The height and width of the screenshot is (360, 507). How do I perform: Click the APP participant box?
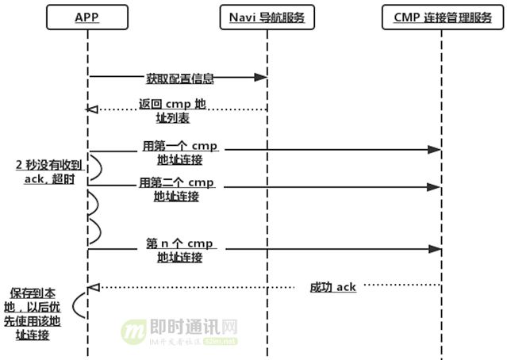87,16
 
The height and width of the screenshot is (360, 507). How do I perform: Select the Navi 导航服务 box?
266,16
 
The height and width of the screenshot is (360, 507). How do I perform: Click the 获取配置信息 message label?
179,79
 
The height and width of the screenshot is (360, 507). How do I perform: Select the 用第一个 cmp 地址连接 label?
179,153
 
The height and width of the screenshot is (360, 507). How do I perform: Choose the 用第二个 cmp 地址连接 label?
177,190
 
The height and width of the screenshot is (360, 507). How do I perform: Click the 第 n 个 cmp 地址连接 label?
179,250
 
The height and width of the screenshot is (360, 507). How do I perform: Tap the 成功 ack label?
332,287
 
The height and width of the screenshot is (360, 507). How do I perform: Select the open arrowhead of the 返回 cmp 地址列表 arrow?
93,109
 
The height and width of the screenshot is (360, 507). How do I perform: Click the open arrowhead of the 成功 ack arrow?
93,286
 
